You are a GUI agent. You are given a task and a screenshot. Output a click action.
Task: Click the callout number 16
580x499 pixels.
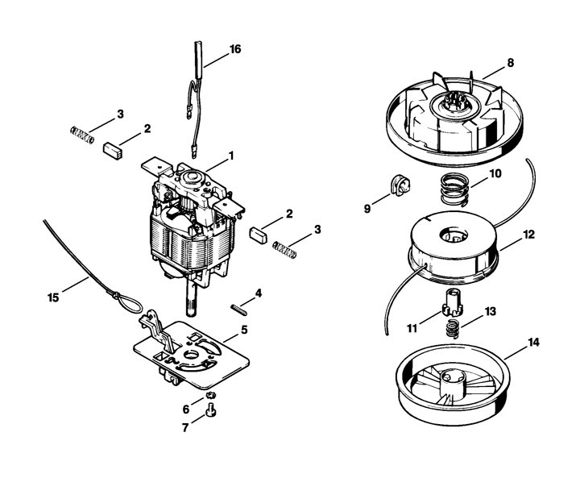click(235, 49)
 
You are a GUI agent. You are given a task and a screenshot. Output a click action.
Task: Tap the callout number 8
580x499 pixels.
click(511, 63)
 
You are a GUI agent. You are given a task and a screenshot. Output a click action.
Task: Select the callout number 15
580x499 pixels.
click(53, 297)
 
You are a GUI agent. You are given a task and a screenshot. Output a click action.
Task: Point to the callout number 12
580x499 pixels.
click(529, 235)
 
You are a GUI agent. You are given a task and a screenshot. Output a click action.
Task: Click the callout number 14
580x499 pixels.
click(533, 343)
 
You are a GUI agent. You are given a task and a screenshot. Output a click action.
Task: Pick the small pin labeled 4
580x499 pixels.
click(238, 310)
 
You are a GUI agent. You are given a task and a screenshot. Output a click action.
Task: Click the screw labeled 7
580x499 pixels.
click(211, 410)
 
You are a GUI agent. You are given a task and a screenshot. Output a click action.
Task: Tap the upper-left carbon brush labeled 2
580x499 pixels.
click(113, 150)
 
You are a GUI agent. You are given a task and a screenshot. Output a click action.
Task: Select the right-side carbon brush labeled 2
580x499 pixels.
click(259, 235)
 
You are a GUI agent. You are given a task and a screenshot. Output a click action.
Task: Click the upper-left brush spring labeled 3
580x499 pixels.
click(81, 135)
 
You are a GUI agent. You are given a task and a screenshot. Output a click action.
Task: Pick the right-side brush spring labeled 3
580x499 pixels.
click(284, 250)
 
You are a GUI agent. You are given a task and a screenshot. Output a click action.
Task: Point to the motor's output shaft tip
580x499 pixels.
click(191, 314)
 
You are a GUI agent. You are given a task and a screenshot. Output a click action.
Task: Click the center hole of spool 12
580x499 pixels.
click(454, 235)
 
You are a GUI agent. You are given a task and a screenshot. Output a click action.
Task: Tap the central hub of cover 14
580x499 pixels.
click(452, 385)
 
